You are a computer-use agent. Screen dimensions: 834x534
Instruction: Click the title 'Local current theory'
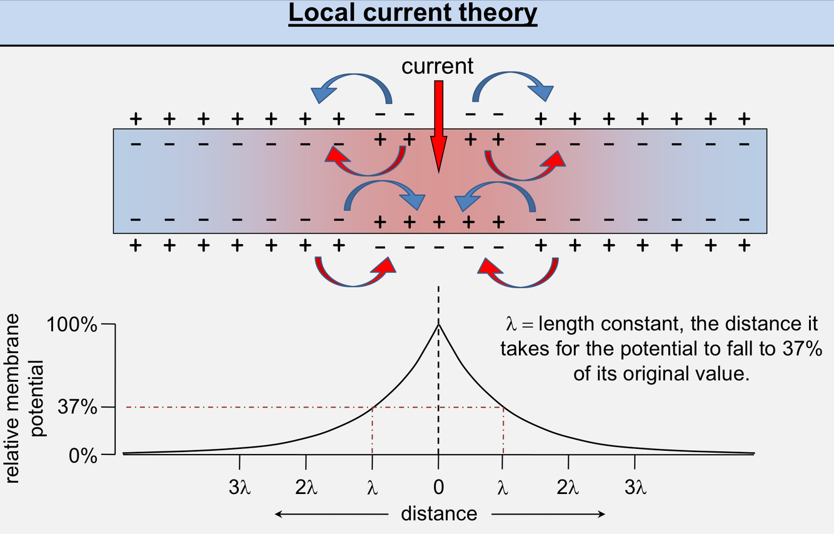[x=413, y=13]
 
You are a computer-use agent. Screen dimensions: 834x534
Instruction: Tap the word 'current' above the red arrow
[x=438, y=66]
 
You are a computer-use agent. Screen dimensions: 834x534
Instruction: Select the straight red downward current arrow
[x=438, y=125]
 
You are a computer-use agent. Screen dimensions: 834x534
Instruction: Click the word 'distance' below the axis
[x=438, y=514]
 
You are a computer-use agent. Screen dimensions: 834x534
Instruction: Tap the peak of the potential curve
[x=438, y=324]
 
